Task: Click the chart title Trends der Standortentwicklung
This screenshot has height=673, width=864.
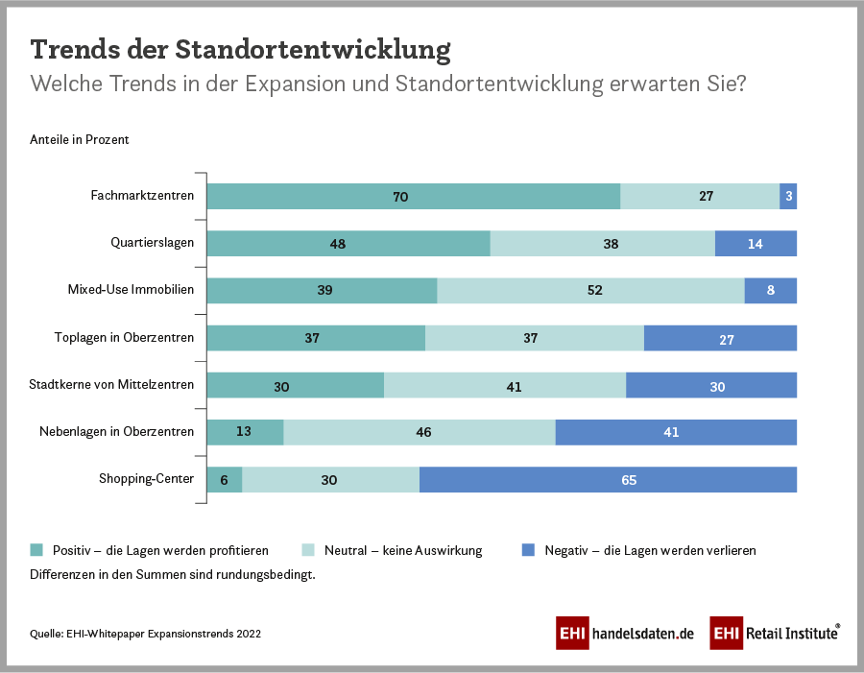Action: [x=240, y=49]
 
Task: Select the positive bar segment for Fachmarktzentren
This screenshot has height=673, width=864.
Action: [x=413, y=196]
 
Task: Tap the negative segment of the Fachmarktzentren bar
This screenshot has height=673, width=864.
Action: [x=788, y=196]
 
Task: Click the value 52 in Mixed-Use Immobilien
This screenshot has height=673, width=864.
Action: [x=594, y=290]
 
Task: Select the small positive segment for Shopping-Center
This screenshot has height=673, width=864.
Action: [x=224, y=480]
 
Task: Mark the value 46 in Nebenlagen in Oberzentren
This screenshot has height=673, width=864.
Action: [x=423, y=432]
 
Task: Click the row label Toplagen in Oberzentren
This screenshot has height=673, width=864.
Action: [x=124, y=338]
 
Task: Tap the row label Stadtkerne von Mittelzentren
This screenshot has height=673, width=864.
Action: [x=111, y=385]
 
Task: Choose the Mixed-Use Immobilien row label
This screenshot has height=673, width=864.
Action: [x=131, y=290]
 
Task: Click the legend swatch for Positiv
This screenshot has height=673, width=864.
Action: [x=37, y=550]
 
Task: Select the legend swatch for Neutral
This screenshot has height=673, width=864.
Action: [x=309, y=550]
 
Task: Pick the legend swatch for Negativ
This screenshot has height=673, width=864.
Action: [x=528, y=550]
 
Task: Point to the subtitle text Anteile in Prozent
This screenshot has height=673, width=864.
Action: [x=80, y=139]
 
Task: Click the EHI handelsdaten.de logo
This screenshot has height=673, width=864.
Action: [x=624, y=634]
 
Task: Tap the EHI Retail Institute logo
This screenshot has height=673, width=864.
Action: [x=776, y=634]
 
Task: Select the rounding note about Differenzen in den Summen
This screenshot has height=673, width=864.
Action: [x=173, y=575]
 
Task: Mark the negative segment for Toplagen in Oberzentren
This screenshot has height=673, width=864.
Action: [x=720, y=338]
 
